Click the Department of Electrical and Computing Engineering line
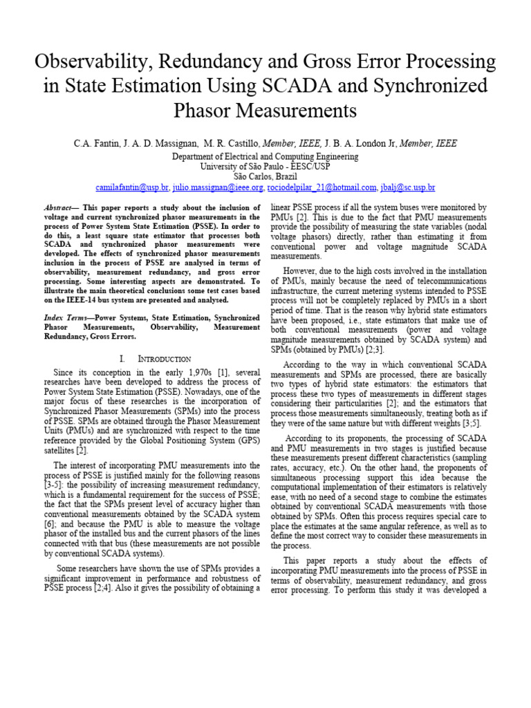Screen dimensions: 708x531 click(265, 157)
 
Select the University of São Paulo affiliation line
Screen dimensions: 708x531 click(265, 167)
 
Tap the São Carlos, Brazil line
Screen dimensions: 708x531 click(265, 177)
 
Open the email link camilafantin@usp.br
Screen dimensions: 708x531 click(133, 187)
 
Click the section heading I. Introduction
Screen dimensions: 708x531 click(155, 359)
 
